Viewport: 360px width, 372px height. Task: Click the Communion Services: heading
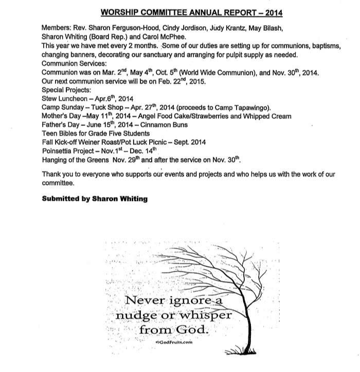[73, 64]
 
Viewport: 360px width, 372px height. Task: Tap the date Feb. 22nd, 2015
[178, 81]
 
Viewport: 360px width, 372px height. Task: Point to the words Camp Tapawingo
[244, 107]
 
